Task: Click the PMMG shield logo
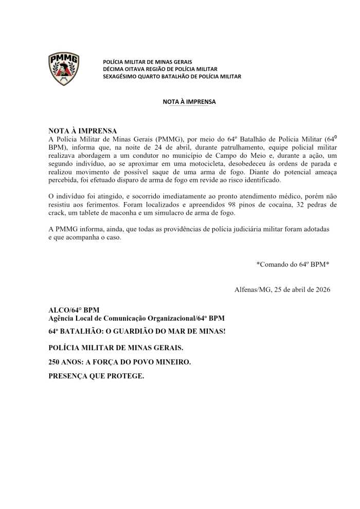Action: point(64,68)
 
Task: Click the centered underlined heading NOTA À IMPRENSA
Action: point(189,102)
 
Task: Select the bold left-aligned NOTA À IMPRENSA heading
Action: point(83,131)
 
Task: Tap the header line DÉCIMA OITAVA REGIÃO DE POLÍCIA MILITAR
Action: point(160,69)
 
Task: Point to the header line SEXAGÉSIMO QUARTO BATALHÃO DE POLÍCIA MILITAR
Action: point(172,77)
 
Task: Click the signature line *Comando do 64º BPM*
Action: point(293,264)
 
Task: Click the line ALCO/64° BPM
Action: point(74,310)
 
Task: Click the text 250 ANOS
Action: point(67,362)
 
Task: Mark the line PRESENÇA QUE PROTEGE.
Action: point(96,376)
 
